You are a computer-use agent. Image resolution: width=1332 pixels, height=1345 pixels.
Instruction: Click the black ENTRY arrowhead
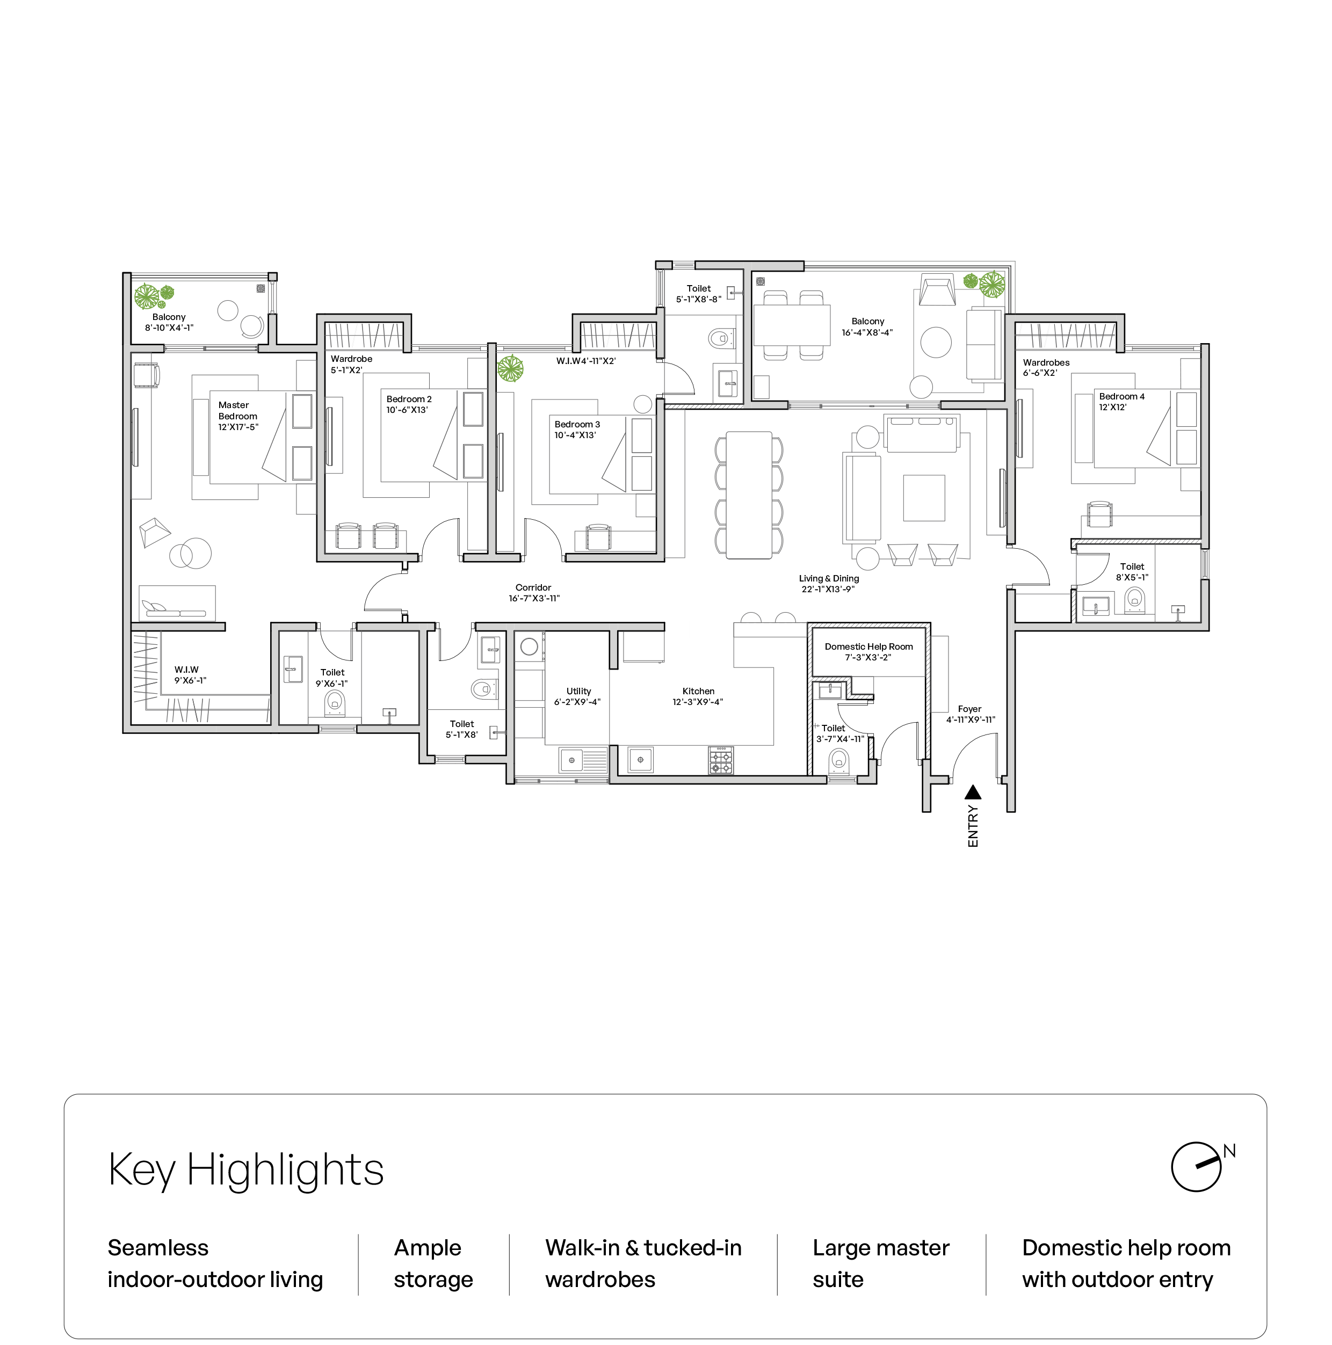pyautogui.click(x=973, y=793)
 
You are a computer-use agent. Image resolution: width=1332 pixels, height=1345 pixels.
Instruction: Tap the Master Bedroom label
pyautogui.click(x=237, y=411)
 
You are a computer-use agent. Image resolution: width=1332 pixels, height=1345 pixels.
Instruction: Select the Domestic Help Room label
pyautogui.click(x=868, y=647)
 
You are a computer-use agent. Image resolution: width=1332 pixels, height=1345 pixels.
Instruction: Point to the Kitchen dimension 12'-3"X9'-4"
pyautogui.click(x=698, y=702)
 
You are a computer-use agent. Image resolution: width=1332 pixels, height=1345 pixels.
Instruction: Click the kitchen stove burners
pyautogui.click(x=721, y=761)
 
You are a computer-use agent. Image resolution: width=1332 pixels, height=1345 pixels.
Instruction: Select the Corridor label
pyautogui.click(x=533, y=587)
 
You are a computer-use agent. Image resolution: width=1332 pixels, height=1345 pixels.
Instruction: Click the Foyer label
pyautogui.click(x=969, y=709)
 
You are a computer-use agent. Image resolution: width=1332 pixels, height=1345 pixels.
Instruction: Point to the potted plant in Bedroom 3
pyautogui.click(x=510, y=368)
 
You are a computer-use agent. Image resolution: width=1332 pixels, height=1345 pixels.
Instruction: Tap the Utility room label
pyautogui.click(x=578, y=692)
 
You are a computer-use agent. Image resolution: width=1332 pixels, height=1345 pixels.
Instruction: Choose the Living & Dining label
pyautogui.click(x=829, y=578)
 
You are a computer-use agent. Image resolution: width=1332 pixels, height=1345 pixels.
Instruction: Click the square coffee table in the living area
pyautogui.click(x=924, y=498)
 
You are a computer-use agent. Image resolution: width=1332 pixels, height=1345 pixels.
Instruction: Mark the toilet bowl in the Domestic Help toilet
pyautogui.click(x=839, y=761)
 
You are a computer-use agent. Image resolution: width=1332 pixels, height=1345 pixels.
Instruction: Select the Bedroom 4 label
pyautogui.click(x=1121, y=396)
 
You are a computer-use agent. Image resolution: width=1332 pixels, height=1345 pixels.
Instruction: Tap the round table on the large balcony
pyautogui.click(x=936, y=343)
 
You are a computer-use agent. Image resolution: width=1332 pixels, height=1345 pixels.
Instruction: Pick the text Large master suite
pyautogui.click(x=881, y=1263)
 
